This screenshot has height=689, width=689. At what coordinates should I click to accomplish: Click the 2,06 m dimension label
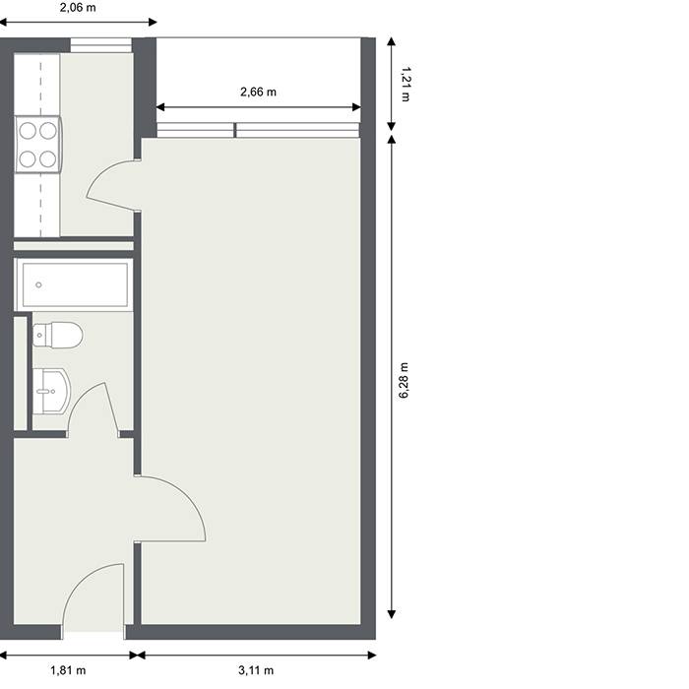[x=78, y=8]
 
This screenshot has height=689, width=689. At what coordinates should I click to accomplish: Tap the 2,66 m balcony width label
[x=258, y=92]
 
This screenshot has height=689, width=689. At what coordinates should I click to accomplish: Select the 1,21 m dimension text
[x=406, y=84]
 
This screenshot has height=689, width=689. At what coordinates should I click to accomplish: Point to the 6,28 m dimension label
[x=404, y=381]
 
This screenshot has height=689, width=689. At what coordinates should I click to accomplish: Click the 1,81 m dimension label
[x=68, y=670]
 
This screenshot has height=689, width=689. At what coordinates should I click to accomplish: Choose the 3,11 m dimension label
[x=256, y=670]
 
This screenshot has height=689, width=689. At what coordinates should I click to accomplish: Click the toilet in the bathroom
[x=57, y=335]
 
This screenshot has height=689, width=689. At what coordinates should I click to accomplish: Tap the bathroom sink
[x=51, y=391]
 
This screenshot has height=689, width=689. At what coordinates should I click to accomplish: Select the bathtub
[x=74, y=284]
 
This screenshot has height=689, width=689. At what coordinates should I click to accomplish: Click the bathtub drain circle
[x=38, y=285]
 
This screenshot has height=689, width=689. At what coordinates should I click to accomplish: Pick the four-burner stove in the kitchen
[x=37, y=145]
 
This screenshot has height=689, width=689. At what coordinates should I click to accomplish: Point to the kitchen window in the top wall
[x=101, y=45]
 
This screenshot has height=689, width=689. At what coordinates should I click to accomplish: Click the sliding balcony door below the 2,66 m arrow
[x=258, y=131]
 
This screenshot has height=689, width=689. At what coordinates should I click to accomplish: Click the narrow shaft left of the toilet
[x=21, y=373]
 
